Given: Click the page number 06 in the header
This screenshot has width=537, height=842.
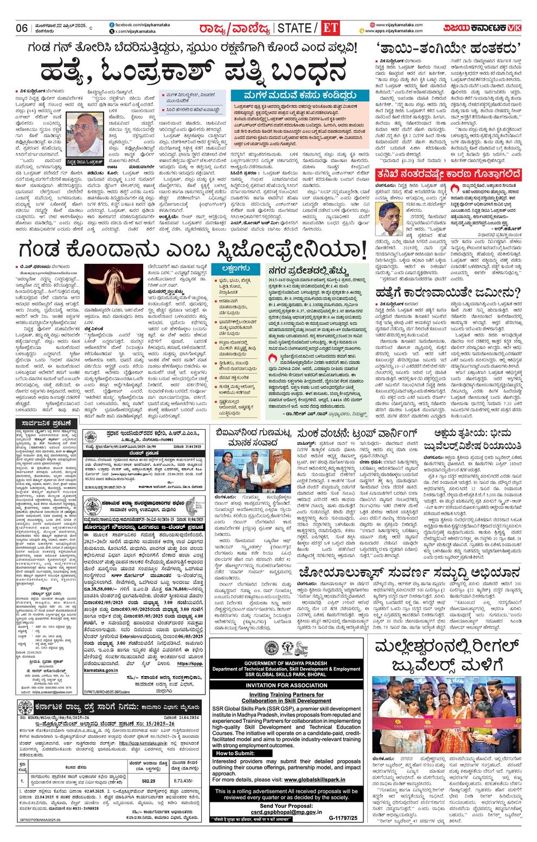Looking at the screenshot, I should coord(22,28).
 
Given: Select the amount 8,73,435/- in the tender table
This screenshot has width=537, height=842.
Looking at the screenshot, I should coord(182,781).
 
